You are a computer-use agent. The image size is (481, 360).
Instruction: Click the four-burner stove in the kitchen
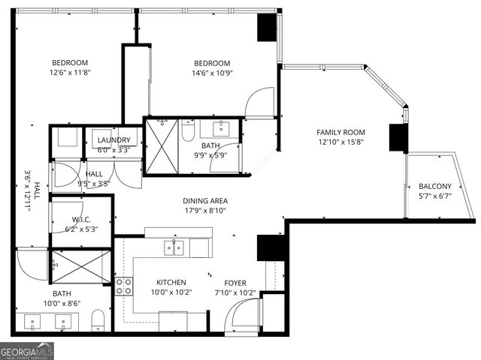click(x=123, y=286)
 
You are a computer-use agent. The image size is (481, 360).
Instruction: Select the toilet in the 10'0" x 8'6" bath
click(x=96, y=323)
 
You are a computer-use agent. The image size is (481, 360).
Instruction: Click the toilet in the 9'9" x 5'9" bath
click(x=189, y=131)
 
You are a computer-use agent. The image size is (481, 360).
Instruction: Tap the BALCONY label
click(x=435, y=187)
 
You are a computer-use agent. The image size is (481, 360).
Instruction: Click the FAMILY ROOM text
click(x=340, y=132)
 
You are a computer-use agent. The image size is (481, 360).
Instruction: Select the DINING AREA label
click(x=205, y=201)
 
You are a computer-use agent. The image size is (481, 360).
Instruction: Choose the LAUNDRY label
click(x=113, y=140)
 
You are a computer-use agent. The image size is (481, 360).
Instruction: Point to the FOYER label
click(x=235, y=283)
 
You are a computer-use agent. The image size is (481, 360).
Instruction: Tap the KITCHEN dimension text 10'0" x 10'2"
click(x=171, y=292)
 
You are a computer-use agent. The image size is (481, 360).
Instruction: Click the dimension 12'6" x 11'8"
click(x=70, y=73)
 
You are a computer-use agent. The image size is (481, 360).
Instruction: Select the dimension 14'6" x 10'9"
click(x=212, y=73)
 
